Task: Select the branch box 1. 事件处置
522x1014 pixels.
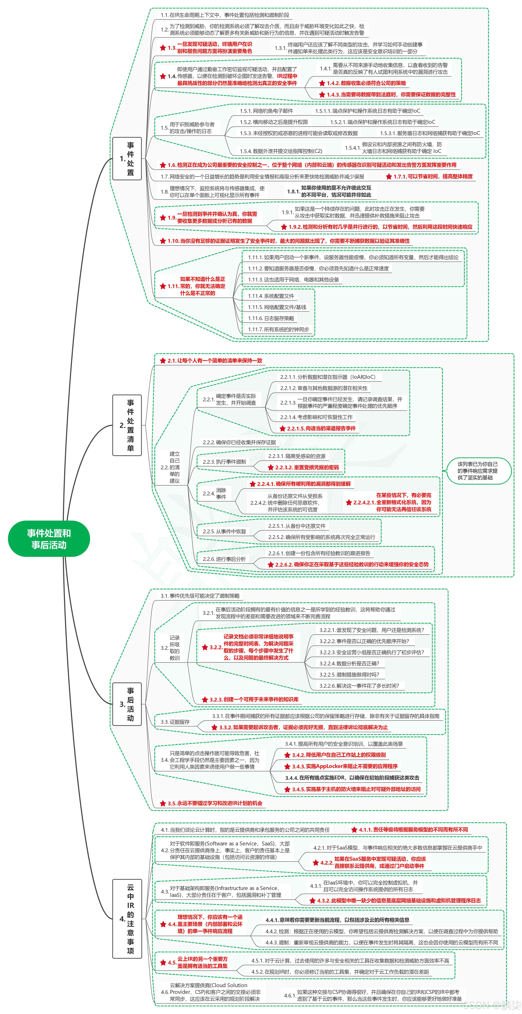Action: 127,159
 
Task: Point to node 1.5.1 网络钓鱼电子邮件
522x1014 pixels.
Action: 267,111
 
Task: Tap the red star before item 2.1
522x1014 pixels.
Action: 163,361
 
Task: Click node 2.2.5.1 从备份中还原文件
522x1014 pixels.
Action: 297,526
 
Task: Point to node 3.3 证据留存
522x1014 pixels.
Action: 175,722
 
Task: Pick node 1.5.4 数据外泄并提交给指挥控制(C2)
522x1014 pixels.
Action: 281,151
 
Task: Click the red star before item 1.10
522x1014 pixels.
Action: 163,241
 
